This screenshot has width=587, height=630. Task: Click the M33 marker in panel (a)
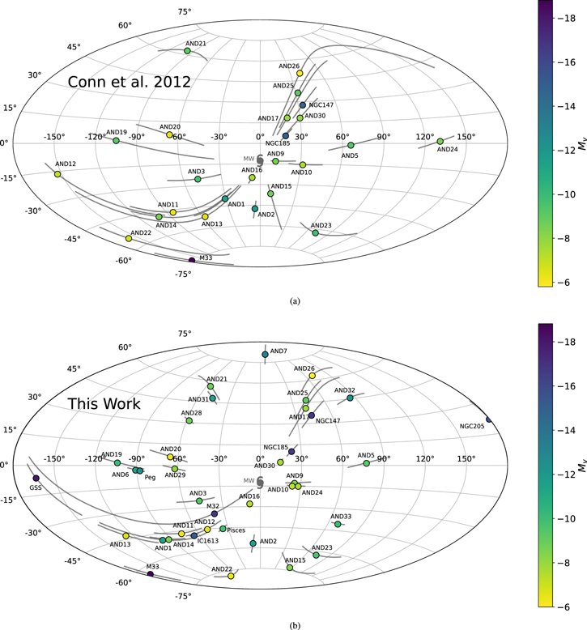click(192, 260)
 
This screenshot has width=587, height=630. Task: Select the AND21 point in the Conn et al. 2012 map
click(187, 51)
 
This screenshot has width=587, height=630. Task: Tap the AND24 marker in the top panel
click(440, 142)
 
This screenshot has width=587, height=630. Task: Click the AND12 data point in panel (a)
click(57, 174)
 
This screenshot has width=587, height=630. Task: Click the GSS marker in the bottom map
click(36, 478)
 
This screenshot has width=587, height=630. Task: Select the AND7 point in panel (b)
click(265, 355)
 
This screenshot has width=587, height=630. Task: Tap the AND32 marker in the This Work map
click(350, 398)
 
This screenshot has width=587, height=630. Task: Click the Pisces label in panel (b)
click(236, 530)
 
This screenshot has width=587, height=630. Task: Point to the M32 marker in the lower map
click(215, 513)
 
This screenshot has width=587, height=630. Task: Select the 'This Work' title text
click(104, 403)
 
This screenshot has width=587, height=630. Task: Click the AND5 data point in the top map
click(351, 146)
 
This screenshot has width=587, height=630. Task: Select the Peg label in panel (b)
click(150, 477)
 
